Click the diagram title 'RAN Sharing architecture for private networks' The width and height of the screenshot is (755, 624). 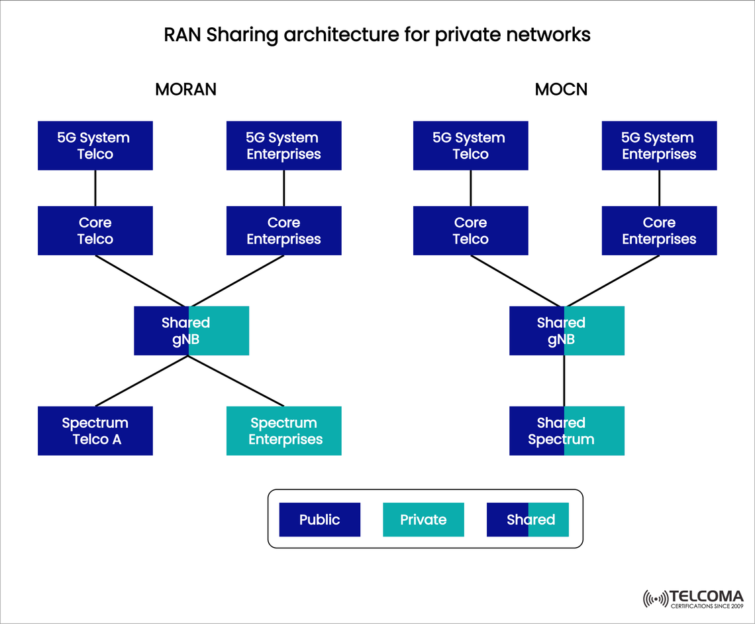(377, 35)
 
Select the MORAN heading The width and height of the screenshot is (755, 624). (185, 89)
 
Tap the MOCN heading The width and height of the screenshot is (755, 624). (561, 89)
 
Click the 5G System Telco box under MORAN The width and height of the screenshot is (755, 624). (95, 146)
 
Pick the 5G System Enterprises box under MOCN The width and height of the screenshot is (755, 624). (659, 146)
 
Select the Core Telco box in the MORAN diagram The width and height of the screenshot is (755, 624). (95, 231)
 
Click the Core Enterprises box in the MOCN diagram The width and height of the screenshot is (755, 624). (659, 231)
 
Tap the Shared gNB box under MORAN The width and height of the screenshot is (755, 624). (191, 331)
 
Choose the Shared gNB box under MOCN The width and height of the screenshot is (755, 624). (567, 331)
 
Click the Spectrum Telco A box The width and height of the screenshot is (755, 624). (95, 431)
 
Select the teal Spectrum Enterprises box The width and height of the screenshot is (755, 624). (284, 431)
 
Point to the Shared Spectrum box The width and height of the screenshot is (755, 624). (567, 431)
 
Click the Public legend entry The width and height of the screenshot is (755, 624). (320, 520)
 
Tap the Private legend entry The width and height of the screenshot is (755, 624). (424, 520)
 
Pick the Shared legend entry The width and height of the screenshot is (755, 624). (528, 520)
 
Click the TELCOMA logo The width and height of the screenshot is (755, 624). (693, 599)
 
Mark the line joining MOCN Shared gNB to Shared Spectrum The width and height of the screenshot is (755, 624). (564, 381)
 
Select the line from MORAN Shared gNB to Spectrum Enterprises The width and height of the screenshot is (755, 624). (236, 381)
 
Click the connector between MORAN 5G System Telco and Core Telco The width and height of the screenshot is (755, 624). (95, 188)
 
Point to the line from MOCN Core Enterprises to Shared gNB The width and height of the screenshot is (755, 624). (613, 281)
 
